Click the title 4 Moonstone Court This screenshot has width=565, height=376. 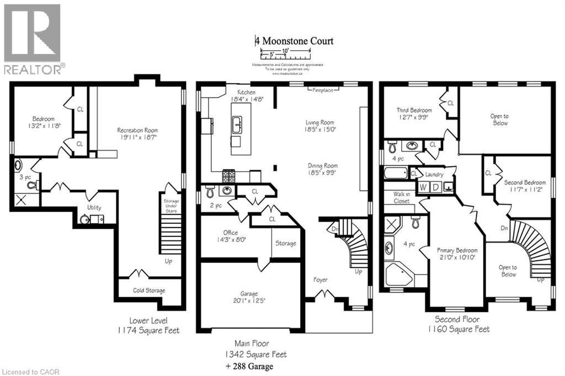pos(294,41)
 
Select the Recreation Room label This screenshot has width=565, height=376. pos(138,130)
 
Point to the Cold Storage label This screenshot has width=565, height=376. pos(148,291)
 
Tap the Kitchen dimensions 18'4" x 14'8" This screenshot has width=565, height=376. pos(247,99)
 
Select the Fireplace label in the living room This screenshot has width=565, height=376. pos(323,90)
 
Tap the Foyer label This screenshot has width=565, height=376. pos(321,280)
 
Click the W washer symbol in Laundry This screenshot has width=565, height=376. pos(423,187)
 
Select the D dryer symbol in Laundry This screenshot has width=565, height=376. pos(436,187)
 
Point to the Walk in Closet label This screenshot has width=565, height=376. pos(401,197)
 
